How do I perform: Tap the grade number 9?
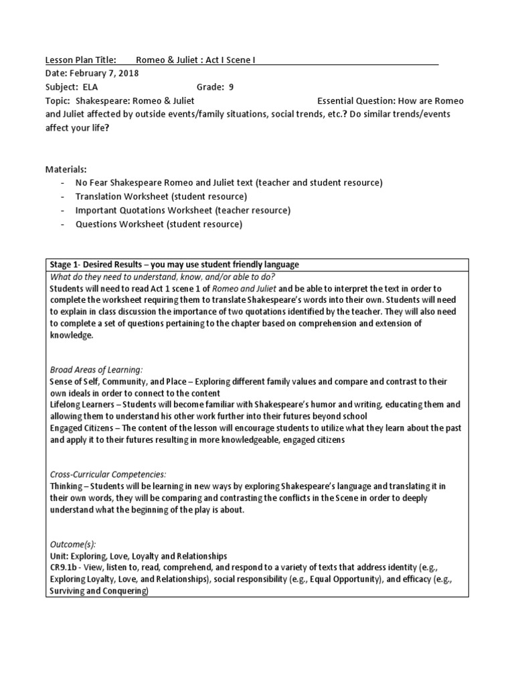click(231, 86)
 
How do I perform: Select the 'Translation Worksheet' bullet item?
click(161, 197)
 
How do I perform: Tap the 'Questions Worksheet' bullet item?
click(159, 224)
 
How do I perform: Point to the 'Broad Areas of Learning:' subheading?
click(96, 370)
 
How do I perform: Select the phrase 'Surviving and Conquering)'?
click(100, 592)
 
